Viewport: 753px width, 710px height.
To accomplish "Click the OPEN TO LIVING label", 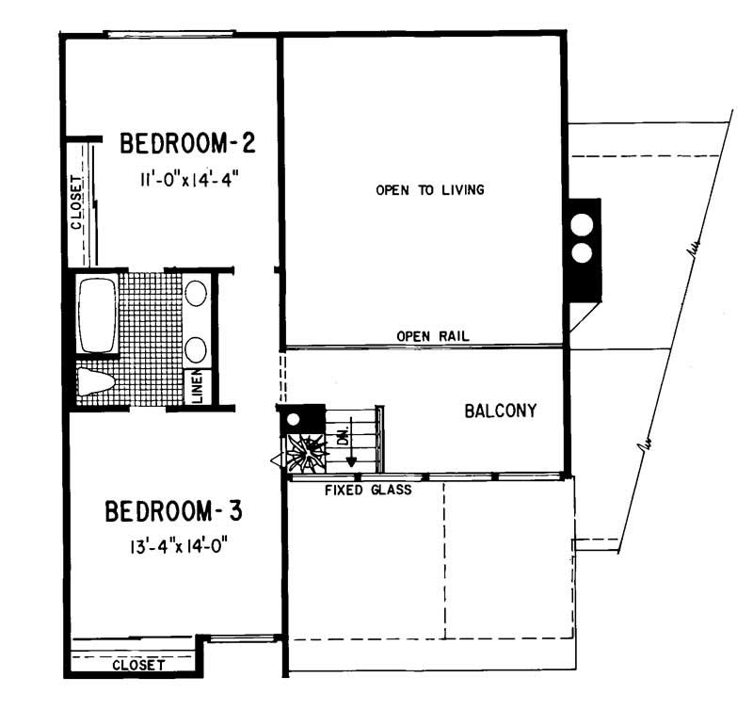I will click(429, 190).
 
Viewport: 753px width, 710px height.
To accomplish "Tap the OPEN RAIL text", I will click(432, 336).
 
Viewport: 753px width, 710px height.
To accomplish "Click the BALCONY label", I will click(501, 411).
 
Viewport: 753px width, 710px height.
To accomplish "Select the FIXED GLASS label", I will click(368, 490).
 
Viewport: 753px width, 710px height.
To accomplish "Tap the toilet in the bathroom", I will click(95, 382).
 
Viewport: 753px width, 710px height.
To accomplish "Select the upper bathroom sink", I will click(196, 293).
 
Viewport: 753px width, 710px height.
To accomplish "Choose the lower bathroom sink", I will click(196, 350).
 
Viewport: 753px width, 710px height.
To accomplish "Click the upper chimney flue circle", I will click(583, 226).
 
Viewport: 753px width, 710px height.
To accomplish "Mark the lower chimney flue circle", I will click(583, 252).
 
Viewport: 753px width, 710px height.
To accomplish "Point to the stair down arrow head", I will click(350, 461).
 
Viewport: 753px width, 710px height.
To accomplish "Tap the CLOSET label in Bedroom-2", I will click(77, 203).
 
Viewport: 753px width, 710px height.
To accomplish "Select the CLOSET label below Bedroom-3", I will click(138, 665).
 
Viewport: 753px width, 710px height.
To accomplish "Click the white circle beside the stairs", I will click(293, 420).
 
